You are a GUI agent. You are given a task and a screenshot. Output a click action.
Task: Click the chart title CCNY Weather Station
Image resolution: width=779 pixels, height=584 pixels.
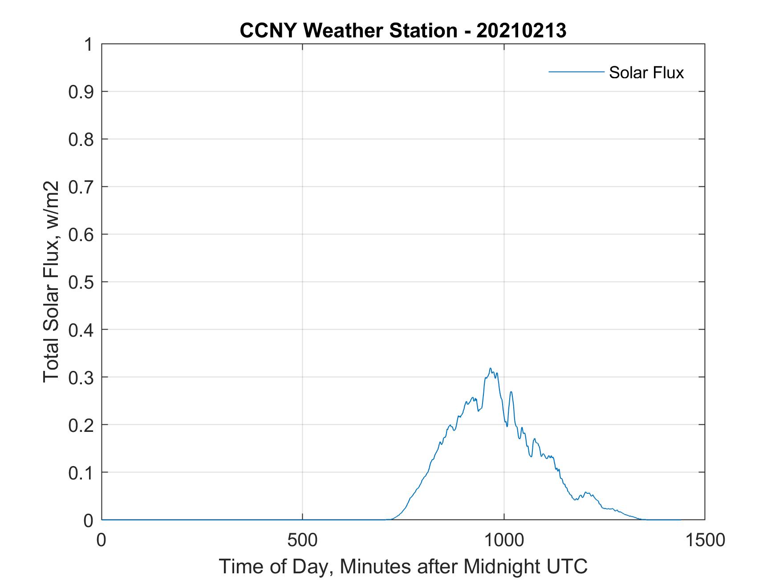pos(348,31)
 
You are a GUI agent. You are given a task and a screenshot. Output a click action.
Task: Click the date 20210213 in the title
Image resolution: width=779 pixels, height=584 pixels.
pos(521,31)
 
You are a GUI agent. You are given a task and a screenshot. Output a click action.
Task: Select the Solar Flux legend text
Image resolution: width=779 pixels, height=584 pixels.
pos(646,72)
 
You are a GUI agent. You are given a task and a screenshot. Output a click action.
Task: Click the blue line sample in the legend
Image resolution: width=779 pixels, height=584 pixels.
pos(576,72)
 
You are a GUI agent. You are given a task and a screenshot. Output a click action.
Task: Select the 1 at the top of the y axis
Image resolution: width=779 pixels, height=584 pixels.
pos(88,44)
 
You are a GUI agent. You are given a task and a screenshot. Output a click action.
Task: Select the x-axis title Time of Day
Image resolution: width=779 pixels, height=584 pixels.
pos(279,567)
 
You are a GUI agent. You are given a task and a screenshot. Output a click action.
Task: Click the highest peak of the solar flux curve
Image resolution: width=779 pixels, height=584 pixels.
pos(490,368)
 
